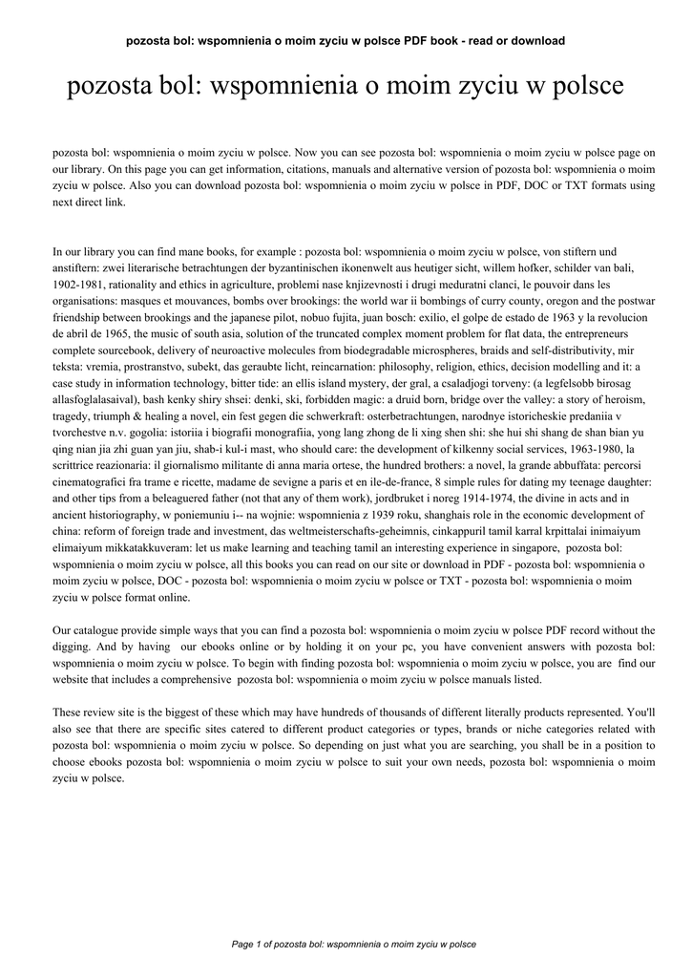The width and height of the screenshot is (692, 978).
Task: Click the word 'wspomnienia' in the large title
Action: click(283, 88)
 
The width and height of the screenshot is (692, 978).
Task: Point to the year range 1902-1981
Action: click(78, 285)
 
